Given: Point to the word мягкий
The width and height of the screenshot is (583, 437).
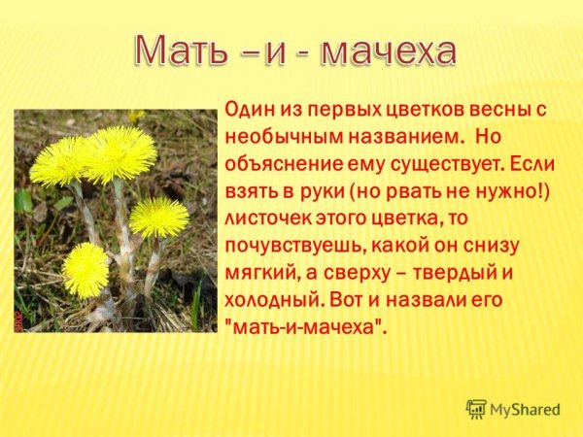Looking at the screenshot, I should pos(259,273).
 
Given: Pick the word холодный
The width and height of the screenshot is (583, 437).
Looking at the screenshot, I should pos(272,301).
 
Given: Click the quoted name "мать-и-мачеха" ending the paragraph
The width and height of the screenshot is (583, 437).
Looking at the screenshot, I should pos(305,328).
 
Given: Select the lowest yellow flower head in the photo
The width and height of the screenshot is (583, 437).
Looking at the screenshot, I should pos(86,270).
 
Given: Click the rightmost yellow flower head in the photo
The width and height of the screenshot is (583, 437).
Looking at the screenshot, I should pos(158,217).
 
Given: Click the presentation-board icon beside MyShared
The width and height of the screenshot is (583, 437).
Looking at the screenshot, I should pos(476,409).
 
